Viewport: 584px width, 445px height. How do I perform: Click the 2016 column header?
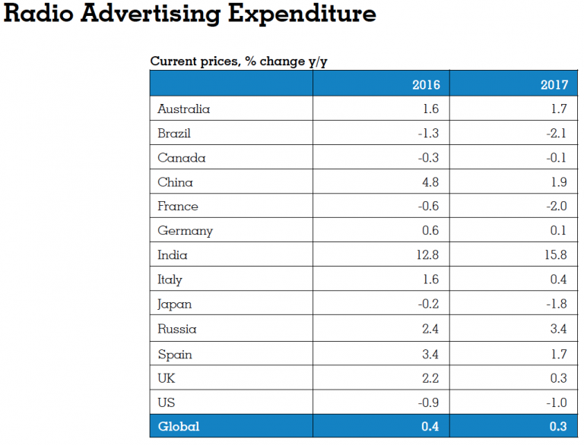425,84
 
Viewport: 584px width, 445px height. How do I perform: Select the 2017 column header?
553,84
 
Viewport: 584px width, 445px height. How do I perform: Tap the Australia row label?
183,109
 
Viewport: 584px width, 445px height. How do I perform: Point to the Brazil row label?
174,134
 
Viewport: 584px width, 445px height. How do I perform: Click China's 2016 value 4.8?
430,182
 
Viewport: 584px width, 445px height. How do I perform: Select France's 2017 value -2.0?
554,207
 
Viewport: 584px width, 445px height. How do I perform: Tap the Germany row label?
185,231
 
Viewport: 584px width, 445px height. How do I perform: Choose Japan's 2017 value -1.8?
555,304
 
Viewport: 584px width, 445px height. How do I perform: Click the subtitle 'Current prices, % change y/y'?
243,62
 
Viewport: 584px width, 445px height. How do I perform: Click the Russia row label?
177,329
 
